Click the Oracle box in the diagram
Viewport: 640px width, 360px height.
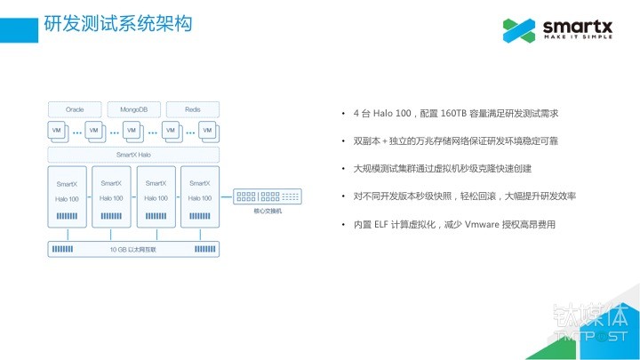tap(75, 109)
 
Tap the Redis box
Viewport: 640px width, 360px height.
tap(192, 109)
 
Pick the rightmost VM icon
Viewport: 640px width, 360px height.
tap(207, 131)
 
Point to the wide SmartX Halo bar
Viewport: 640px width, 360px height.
tap(133, 155)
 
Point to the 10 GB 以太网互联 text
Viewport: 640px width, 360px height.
tap(133, 250)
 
